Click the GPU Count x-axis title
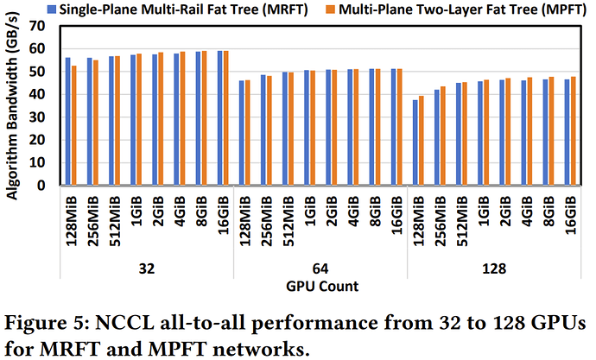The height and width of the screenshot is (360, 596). [x=319, y=284]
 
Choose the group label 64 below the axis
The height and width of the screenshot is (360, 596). [x=319, y=268]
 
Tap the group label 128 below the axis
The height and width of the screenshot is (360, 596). [x=491, y=268]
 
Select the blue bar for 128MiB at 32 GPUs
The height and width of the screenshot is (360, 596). [x=68, y=121]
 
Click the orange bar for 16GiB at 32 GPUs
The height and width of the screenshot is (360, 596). [x=228, y=117]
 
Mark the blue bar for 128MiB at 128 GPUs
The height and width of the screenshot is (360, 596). [x=415, y=142]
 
